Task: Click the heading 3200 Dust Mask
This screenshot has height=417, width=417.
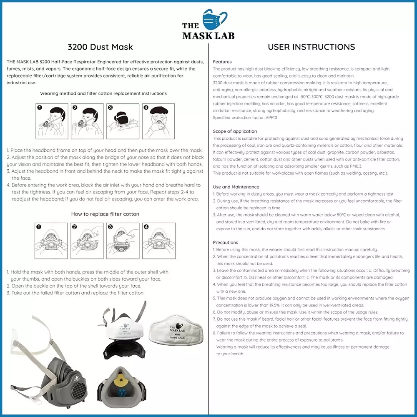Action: tap(100, 47)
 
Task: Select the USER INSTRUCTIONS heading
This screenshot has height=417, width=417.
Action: tap(311, 47)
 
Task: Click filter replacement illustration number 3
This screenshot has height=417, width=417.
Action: tap(123, 241)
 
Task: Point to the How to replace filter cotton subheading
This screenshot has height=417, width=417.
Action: tap(105, 214)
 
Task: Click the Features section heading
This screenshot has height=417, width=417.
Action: tap(222, 62)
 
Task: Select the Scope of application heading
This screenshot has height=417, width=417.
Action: tap(235, 131)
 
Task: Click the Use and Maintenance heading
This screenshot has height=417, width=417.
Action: tap(236, 187)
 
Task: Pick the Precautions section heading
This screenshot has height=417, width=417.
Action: tap(225, 242)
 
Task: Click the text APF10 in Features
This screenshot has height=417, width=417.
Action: tap(269, 118)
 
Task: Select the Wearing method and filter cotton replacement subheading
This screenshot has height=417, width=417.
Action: tap(103, 93)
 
